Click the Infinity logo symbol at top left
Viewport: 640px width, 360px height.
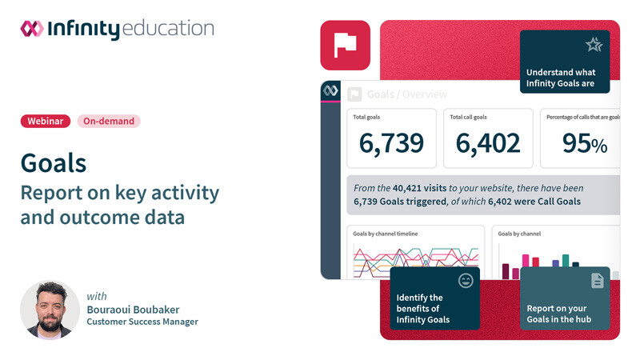[x=32, y=29]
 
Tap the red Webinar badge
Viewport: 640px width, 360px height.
[x=46, y=122]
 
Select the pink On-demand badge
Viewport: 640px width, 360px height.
[x=109, y=122]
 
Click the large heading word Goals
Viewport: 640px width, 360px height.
[x=54, y=162]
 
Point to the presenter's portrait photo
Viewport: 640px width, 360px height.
[x=50, y=310]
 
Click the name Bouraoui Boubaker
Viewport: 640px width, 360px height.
[x=132, y=310]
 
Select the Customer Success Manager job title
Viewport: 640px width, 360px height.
[x=142, y=322]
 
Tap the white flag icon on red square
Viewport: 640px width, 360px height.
[x=345, y=46]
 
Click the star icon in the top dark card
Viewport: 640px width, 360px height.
[x=594, y=45]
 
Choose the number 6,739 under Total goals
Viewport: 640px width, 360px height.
[x=391, y=143]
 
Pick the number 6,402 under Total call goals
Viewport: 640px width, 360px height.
[x=488, y=143]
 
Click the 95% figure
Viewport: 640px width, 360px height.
[x=584, y=143]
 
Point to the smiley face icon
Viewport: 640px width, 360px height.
[x=466, y=281]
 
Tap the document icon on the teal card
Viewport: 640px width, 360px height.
[x=597, y=281]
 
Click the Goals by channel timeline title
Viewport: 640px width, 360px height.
[x=386, y=234]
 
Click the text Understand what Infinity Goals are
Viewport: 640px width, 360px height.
[x=561, y=78]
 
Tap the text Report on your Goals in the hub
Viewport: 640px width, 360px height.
[x=558, y=314]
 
